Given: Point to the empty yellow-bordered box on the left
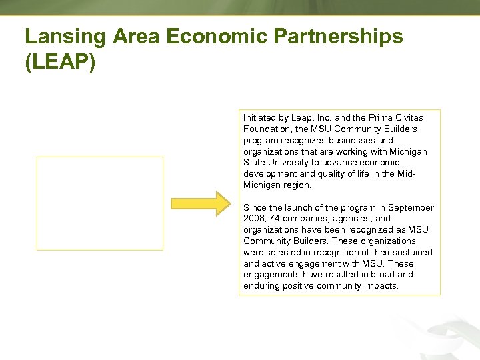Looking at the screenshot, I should coord(99,203).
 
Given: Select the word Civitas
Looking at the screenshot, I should coord(407,117).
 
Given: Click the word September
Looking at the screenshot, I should coord(411,207).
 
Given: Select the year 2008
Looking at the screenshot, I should coord(253,219).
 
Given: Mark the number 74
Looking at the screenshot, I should coord(273,219).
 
